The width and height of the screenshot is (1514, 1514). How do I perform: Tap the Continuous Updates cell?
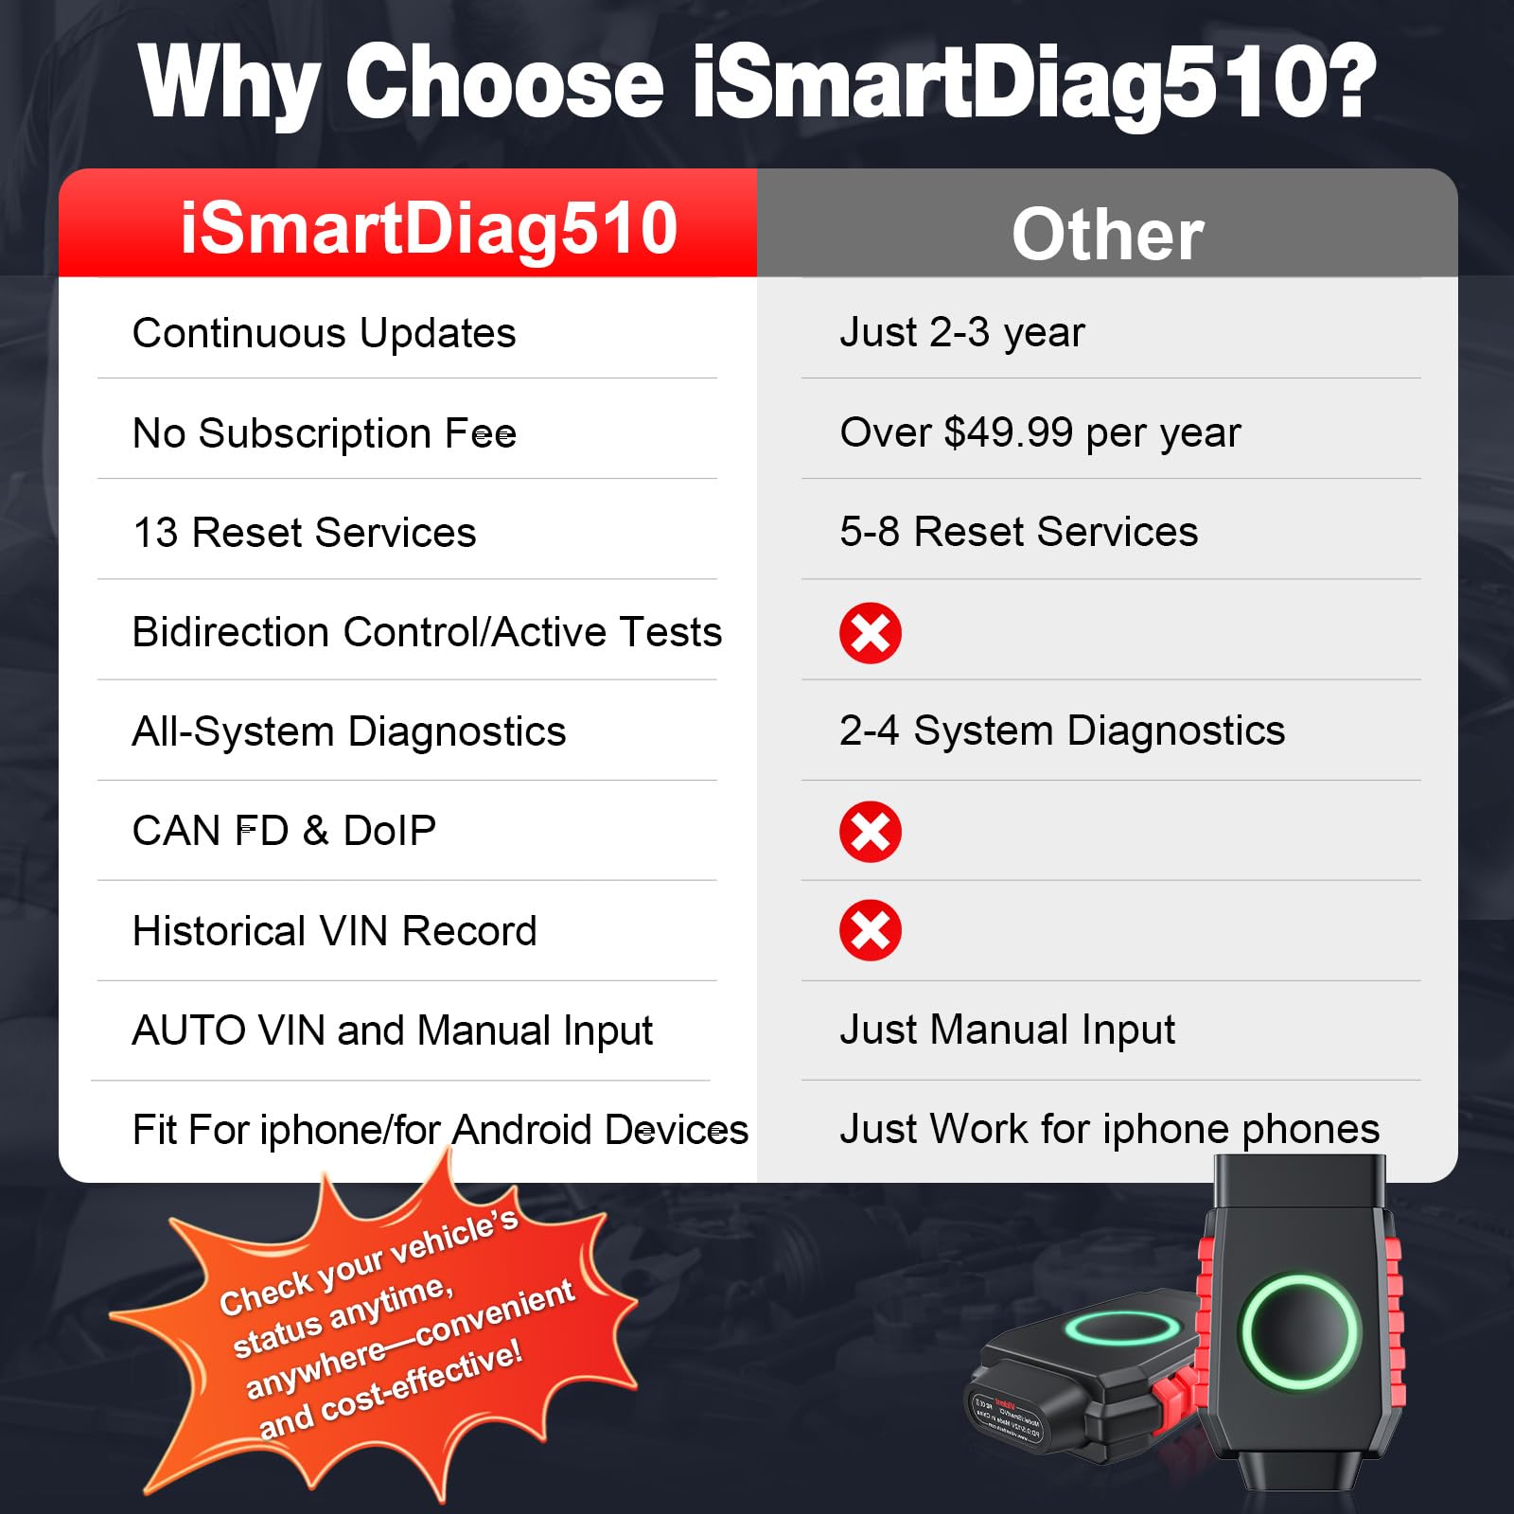click(325, 333)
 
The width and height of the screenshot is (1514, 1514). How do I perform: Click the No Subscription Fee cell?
click(325, 433)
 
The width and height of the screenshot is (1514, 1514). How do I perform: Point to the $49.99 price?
click(1009, 432)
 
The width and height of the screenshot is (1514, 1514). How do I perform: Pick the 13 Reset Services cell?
click(305, 533)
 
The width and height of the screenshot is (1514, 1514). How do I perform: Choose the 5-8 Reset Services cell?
click(1019, 532)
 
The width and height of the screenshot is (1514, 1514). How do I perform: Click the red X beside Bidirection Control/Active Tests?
click(871, 633)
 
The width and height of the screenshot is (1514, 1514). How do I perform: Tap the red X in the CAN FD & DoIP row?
click(871, 832)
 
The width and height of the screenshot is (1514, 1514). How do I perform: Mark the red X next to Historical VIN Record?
click(871, 930)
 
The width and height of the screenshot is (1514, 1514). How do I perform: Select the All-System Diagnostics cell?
click(349, 731)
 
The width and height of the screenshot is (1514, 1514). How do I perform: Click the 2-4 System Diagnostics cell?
click(1063, 731)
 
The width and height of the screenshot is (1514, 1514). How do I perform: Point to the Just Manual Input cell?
click(1008, 1030)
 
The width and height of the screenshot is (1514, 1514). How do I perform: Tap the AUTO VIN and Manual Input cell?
click(393, 1030)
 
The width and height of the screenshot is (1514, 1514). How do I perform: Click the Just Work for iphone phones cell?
click(1110, 1129)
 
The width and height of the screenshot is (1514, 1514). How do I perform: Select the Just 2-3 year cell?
click(962, 333)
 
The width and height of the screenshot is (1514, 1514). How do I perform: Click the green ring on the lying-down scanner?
click(1123, 1327)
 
